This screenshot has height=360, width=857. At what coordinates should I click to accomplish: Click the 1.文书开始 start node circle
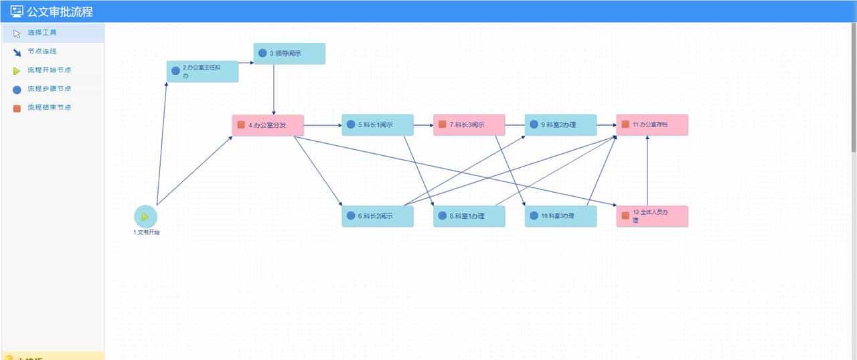pos(145,217)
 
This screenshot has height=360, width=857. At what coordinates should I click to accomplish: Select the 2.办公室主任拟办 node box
pos(202,72)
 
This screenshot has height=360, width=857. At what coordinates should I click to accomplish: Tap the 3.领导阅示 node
pos(289,54)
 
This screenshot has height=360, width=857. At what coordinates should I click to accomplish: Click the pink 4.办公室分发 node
pos(268,125)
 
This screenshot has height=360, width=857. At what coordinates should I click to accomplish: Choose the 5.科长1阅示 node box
pos(378,125)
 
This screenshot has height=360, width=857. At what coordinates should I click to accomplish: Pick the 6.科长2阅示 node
pos(378,216)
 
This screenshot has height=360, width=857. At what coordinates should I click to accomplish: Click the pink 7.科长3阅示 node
pos(469,125)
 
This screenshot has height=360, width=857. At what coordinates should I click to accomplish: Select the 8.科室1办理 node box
pos(469,216)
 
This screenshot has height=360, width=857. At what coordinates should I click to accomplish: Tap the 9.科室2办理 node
pos(560,125)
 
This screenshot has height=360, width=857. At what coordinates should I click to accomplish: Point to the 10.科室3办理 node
pos(560,216)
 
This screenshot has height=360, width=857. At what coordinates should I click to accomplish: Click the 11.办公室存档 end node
pos(652,125)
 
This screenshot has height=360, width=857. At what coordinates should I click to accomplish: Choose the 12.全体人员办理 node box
pos(652,216)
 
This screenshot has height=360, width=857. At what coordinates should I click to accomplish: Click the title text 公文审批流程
pos(60,11)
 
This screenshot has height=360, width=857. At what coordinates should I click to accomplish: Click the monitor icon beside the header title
pos(17,11)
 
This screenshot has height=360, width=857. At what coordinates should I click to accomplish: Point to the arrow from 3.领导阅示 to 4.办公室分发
pos(273,90)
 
